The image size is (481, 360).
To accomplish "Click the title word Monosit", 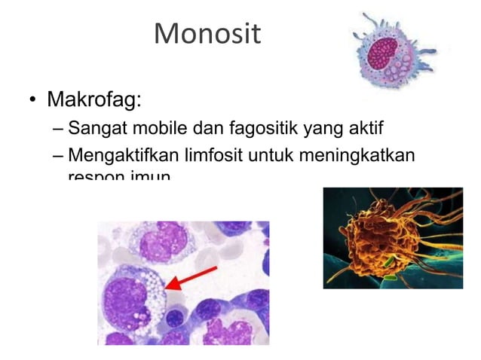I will click(x=207, y=33).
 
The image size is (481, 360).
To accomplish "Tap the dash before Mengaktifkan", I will click(x=58, y=155).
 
